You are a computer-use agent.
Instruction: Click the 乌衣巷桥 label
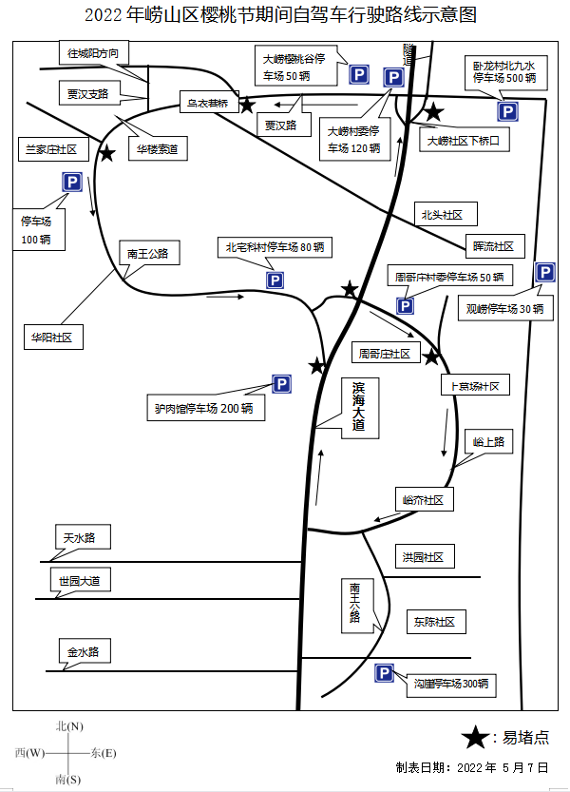[208, 103]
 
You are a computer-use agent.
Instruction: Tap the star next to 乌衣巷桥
[247, 106]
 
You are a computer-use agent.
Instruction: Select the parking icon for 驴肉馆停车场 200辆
[281, 384]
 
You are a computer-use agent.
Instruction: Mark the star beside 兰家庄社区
[107, 152]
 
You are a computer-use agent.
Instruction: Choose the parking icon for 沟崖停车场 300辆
[385, 673]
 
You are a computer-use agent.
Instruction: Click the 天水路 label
[80, 538]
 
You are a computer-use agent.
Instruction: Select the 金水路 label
[84, 652]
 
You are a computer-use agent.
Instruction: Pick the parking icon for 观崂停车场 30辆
[545, 273]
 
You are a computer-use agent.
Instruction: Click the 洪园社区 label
[423, 557]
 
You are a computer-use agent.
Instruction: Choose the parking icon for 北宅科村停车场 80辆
[275, 280]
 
